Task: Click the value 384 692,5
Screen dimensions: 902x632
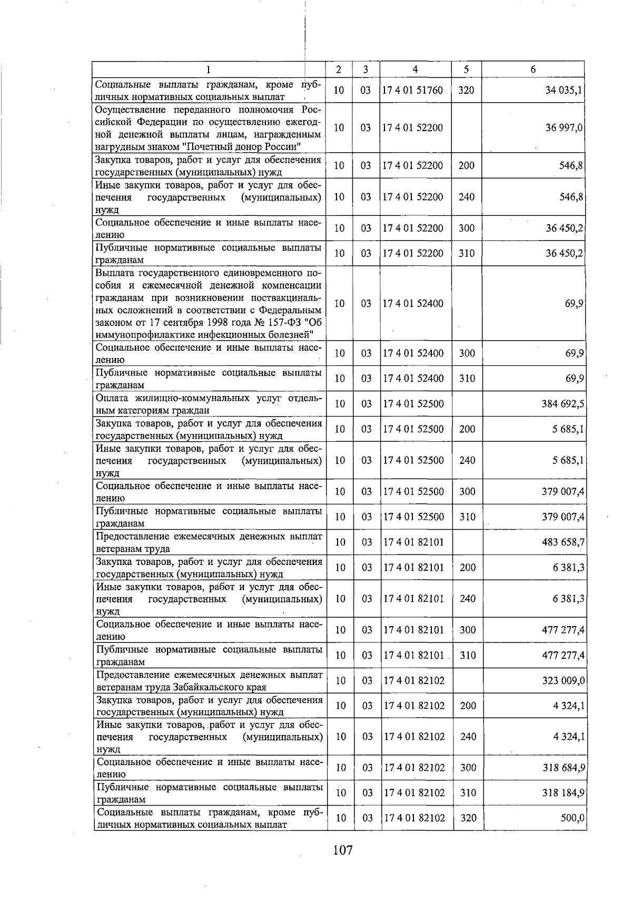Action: click(562, 404)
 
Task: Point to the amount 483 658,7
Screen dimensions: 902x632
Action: click(562, 542)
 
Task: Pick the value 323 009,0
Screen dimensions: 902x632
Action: click(563, 680)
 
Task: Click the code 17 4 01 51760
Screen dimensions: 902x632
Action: click(413, 90)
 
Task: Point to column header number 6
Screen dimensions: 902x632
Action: click(533, 70)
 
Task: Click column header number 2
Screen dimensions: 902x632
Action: click(338, 70)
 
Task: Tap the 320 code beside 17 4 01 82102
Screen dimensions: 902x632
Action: click(468, 818)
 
